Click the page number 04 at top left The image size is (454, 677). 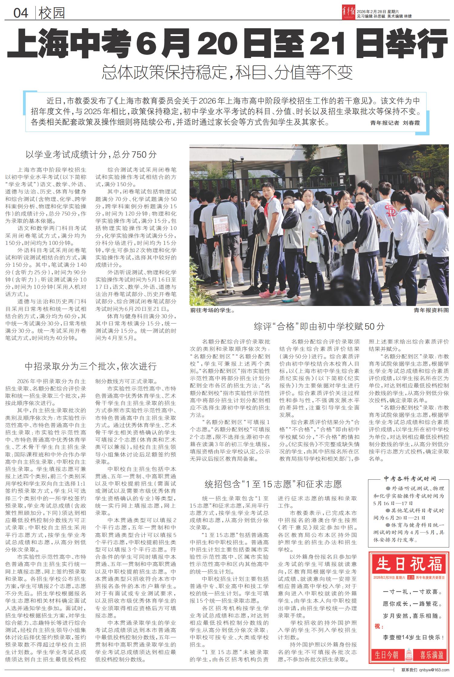tap(21, 13)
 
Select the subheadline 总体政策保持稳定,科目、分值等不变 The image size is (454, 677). tap(227, 72)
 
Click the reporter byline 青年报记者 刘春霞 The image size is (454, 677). tap(395, 123)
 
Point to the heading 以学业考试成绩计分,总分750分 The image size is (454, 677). tap(91, 155)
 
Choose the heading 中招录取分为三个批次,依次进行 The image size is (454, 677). tap(90, 366)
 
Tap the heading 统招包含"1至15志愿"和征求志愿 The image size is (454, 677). tap(273, 484)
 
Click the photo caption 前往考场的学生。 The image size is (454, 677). tap(212, 310)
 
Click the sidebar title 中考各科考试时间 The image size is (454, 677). tap(410, 478)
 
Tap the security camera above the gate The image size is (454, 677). tap(242, 159)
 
